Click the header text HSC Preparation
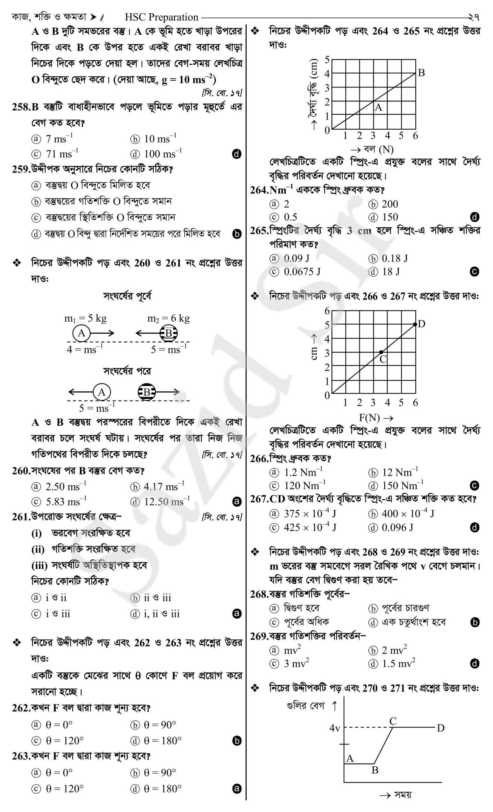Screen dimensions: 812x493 (161, 17)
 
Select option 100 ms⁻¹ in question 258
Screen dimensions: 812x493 (162, 154)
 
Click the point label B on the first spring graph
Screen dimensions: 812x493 (421, 73)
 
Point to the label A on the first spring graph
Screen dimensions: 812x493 (379, 108)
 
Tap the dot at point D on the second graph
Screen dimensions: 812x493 (415, 324)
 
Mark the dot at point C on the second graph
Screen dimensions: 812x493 (381, 352)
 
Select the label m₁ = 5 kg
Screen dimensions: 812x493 (85, 318)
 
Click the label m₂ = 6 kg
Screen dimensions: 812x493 (168, 318)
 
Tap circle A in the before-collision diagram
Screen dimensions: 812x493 (81, 333)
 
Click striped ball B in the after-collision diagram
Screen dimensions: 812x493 (146, 392)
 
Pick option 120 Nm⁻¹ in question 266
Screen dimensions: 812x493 (304, 485)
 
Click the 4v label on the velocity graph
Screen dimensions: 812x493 (334, 728)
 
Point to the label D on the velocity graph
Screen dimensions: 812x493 (440, 728)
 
